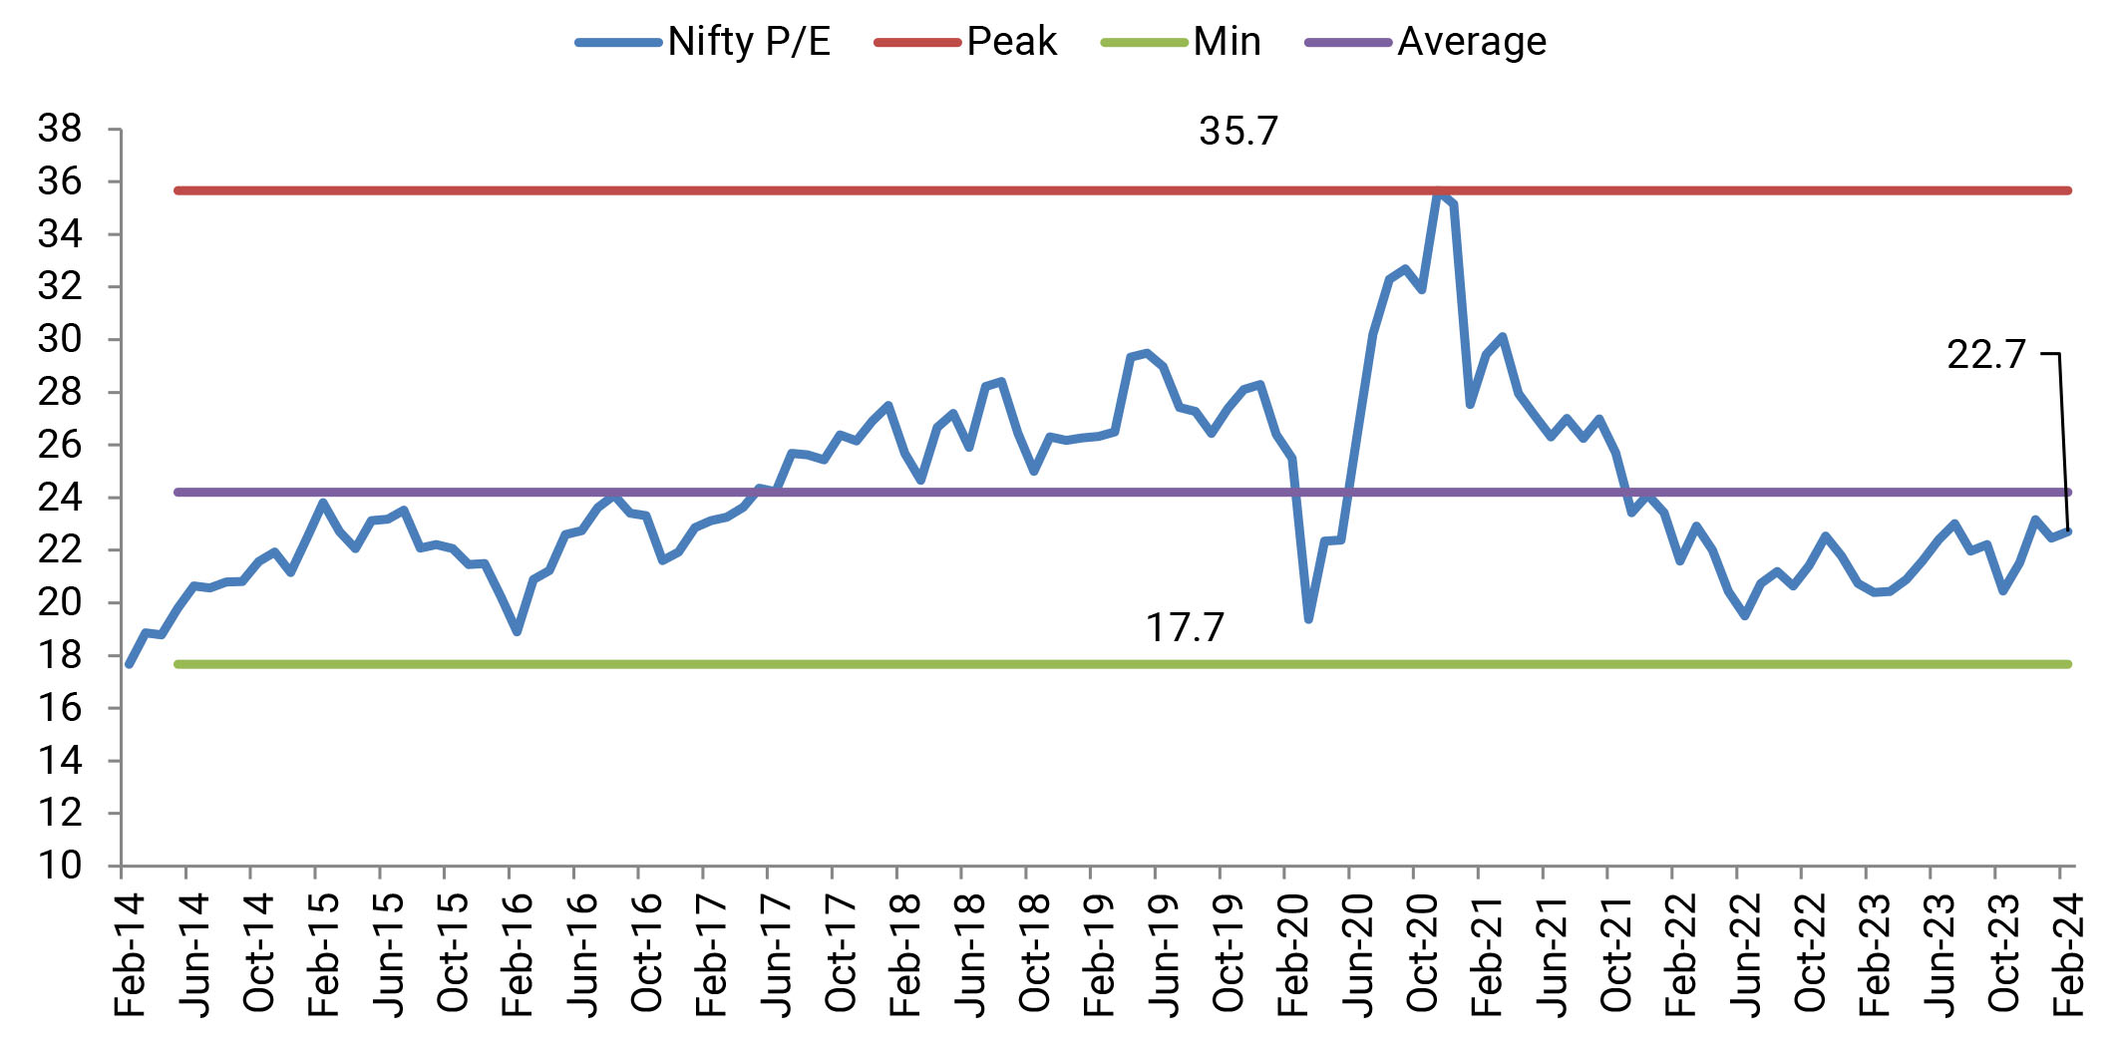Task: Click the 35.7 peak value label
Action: tap(1237, 131)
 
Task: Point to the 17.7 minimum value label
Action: tap(1184, 627)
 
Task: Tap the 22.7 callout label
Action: tap(1985, 354)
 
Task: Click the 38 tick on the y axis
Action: tap(60, 129)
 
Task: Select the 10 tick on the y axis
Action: tap(60, 866)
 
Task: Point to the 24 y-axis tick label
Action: tap(60, 497)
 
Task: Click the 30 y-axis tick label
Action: tap(60, 339)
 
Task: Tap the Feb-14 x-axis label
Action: tap(131, 955)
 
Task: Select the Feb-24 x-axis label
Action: tap(2070, 955)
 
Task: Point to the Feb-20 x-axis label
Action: tap(1293, 955)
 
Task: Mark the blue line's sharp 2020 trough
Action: tap(1308, 619)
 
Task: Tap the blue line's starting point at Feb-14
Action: tap(129, 664)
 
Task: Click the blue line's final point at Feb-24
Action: tap(2068, 531)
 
